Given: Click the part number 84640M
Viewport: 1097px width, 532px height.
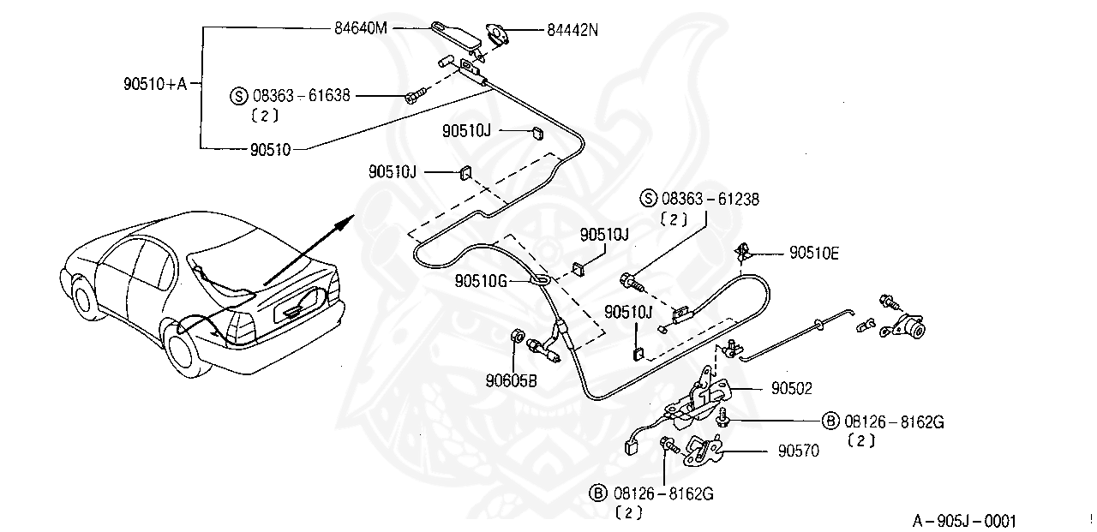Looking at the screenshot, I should tap(361, 28).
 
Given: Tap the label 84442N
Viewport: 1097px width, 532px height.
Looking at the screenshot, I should tap(572, 31).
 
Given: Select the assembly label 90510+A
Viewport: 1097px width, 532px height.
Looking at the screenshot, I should tap(154, 84).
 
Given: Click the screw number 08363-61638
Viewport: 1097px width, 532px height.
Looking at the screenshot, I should tap(301, 95).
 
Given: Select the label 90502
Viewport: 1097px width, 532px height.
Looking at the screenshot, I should tap(790, 388).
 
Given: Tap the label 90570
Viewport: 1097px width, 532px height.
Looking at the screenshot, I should tap(798, 450).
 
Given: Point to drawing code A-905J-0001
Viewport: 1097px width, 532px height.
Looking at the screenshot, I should tap(964, 520).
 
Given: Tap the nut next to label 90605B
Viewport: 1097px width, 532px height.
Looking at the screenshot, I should tap(518, 336).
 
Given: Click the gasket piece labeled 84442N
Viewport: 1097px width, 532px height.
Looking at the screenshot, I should tap(498, 34).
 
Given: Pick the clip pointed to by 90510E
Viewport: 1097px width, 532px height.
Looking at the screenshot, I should tap(743, 253).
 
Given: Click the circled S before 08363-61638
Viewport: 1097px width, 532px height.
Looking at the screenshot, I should tap(238, 95).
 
